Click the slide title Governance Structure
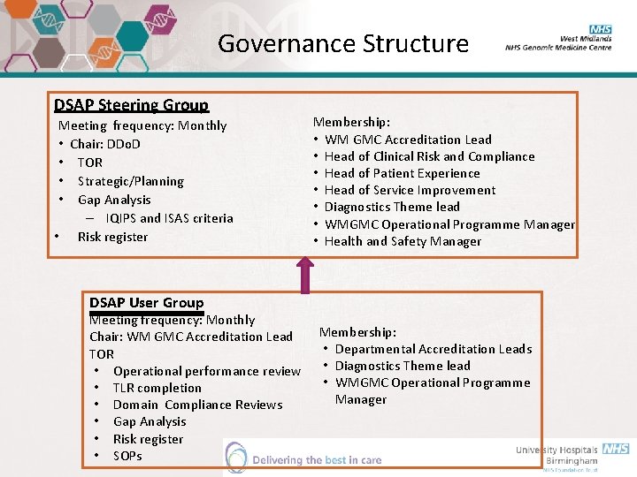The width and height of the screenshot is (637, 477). [342, 43]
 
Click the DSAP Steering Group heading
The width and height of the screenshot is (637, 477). [131, 105]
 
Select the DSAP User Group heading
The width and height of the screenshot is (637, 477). [146, 303]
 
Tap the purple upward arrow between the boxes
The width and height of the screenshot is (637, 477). [306, 273]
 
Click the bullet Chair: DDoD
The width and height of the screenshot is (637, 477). [104, 144]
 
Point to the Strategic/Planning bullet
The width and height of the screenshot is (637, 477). [130, 181]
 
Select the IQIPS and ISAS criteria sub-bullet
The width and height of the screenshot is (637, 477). [169, 218]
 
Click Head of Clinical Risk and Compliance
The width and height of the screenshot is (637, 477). [429, 156]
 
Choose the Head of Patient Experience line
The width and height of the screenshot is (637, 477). [402, 173]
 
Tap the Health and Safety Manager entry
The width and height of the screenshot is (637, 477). [403, 241]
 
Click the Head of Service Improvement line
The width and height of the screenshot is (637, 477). [410, 190]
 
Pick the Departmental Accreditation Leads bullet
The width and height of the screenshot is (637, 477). [433, 349]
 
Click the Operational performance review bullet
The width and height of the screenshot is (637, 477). [206, 371]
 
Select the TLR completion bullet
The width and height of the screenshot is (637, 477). [157, 388]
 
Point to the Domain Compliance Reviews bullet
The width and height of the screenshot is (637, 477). [197, 405]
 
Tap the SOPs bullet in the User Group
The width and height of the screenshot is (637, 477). [127, 456]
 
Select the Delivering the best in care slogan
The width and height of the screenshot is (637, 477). [316, 460]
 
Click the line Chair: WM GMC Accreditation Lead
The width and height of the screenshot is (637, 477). [190, 337]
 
